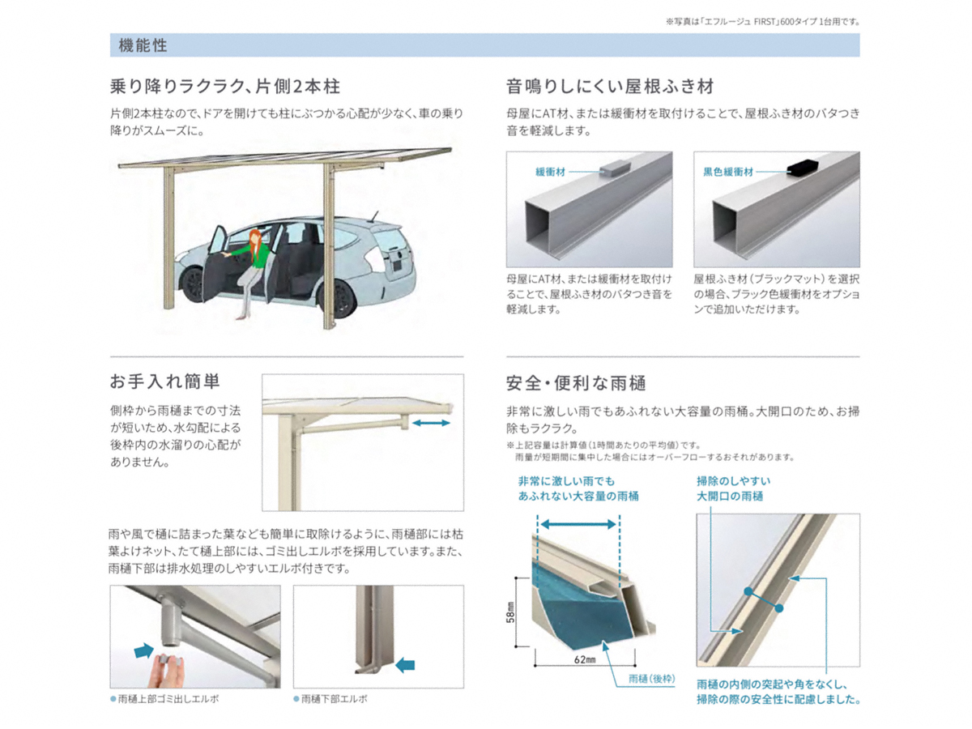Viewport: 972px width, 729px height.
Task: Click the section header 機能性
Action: pyautogui.click(x=143, y=45)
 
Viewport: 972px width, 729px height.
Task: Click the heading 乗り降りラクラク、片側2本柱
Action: pyautogui.click(x=225, y=86)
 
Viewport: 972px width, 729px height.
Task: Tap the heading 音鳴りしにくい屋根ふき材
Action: pyautogui.click(x=610, y=86)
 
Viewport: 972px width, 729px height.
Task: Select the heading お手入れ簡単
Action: pyautogui.click(x=164, y=382)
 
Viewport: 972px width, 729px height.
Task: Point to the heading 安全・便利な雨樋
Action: pyautogui.click(x=576, y=383)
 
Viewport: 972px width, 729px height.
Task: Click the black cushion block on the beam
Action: pyautogui.click(x=803, y=169)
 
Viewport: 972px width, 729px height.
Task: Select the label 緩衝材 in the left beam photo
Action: pyautogui.click(x=551, y=172)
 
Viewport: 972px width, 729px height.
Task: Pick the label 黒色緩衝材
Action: pyautogui.click(x=728, y=172)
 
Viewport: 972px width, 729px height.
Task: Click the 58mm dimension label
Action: pyautogui.click(x=510, y=612)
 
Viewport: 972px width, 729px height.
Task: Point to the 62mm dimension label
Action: pyautogui.click(x=585, y=659)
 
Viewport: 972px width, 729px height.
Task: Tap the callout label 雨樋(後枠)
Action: pyautogui.click(x=652, y=679)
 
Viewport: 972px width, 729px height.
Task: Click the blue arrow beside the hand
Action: pyautogui.click(x=144, y=650)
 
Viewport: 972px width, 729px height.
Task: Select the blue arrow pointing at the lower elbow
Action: pyautogui.click(x=405, y=664)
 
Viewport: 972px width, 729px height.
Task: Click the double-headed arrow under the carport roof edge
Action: pyautogui.click(x=431, y=423)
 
